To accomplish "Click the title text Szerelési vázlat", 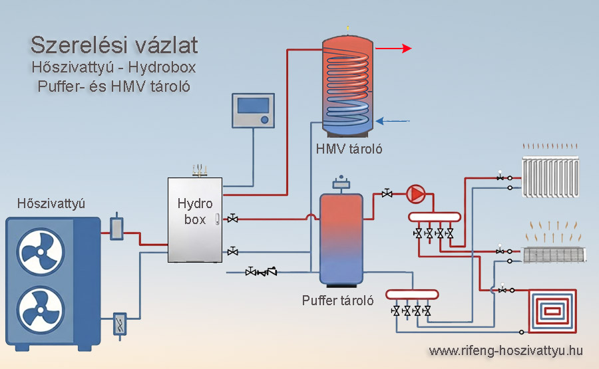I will tap(114, 45).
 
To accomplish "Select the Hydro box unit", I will tap(195, 219).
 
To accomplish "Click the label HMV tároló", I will tap(349, 149).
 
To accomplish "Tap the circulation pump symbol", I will tap(416, 193).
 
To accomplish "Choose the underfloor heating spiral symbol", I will tap(552, 309).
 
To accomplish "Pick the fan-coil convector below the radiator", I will tap(553, 253).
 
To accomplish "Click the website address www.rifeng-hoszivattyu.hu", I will tap(506, 350).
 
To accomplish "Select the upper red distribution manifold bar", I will tap(434, 217).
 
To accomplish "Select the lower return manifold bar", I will tap(412, 293).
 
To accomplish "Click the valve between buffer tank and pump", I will tap(387, 193).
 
